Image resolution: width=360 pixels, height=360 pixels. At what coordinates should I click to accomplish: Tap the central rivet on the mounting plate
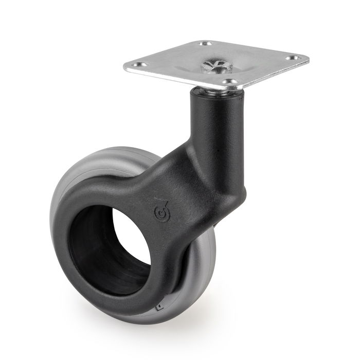211,65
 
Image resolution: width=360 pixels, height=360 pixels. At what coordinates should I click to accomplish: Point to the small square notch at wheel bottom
158,310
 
